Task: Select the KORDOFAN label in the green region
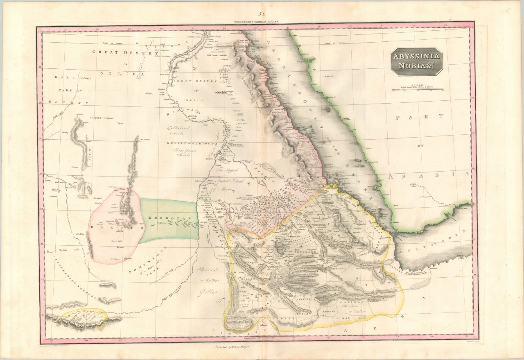pos(170,218)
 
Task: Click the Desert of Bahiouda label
pos(190,143)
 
